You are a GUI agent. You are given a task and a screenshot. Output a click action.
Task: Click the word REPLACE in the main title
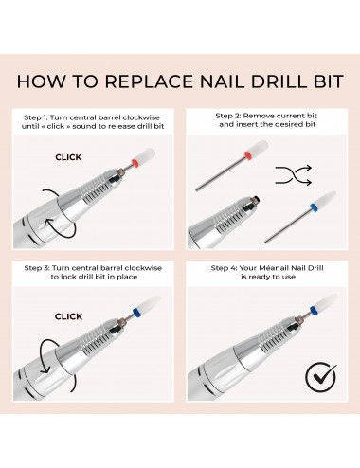coord(150,81)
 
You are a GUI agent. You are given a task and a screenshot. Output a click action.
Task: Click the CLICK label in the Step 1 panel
coord(68,157)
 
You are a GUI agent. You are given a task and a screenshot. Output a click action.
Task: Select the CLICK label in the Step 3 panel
coord(68,316)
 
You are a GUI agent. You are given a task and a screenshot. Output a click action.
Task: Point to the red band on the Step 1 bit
coord(135,163)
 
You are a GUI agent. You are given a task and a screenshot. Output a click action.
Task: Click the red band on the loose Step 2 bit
coord(247,154)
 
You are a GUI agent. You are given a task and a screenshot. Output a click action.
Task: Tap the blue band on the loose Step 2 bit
coord(314,207)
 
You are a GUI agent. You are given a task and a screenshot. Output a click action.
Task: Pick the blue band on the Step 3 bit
coord(136,312)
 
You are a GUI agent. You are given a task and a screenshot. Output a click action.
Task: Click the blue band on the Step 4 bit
coord(313,310)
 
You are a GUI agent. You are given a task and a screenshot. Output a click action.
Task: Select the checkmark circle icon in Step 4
coord(320,377)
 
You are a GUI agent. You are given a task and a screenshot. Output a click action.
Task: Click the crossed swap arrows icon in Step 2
coord(294,175)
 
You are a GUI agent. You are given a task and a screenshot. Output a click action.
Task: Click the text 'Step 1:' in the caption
coord(36,117)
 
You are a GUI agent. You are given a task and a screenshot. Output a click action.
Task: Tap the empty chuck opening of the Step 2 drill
coord(256,200)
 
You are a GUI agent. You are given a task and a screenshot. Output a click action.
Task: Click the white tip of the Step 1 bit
coord(146,154)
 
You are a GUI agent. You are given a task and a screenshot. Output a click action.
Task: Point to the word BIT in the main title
coord(328,81)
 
